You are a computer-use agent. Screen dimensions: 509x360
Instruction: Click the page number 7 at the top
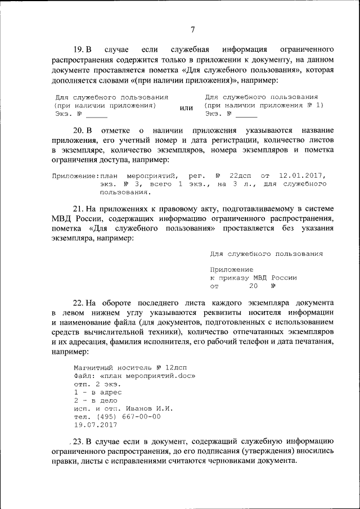(x=192, y=29)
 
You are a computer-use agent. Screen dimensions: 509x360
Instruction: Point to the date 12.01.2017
(x=301, y=175)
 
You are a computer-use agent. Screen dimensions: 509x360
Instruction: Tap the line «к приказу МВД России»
(x=253, y=278)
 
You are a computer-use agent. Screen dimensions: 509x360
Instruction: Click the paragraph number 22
(x=79, y=303)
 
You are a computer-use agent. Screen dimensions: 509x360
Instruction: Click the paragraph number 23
(x=79, y=441)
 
